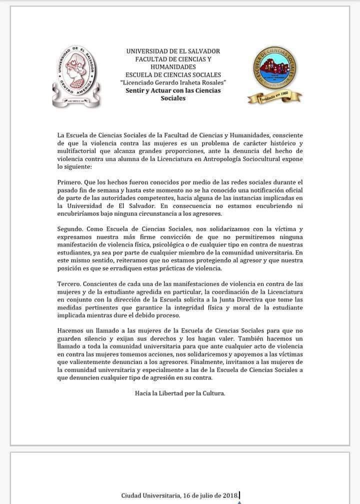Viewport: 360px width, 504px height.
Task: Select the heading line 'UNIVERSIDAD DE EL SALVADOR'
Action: pos(173,51)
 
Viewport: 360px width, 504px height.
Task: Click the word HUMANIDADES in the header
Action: pos(173,66)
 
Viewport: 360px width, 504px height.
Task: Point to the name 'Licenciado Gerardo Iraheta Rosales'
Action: pos(173,82)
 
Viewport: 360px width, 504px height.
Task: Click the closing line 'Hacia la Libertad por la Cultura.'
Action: pos(180,393)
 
